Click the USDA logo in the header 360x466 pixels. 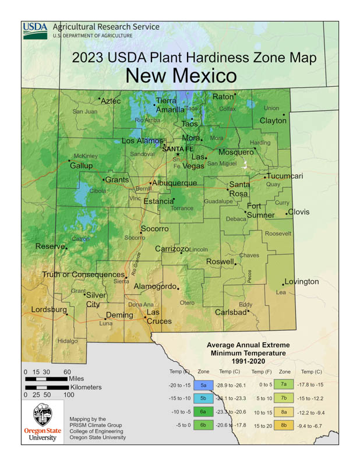coord(35,30)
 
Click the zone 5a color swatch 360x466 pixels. coord(204,385)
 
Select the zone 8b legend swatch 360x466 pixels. coord(284,425)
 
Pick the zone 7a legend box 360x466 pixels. coord(284,385)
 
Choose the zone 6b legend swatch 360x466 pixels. coord(204,425)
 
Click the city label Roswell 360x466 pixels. coord(219,262)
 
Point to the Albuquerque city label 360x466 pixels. coord(175,183)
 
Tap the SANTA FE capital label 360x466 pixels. coord(178,149)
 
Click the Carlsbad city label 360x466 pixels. coord(231,312)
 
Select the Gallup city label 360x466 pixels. coord(81,165)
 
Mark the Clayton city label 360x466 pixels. coord(273,121)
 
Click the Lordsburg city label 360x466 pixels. coord(48,309)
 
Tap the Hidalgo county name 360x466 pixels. coord(68,341)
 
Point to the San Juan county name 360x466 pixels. coord(85,111)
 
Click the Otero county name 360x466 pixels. coord(187,303)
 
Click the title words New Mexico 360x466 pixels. coord(181,76)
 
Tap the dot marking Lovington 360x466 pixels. coord(284,284)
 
